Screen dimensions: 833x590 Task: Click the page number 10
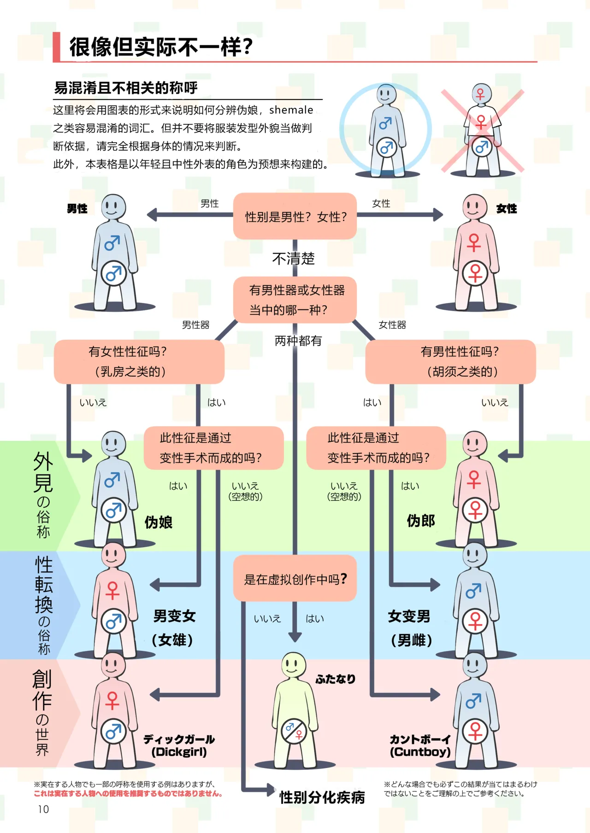tap(43, 809)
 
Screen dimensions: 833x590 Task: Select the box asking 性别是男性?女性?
tap(295, 216)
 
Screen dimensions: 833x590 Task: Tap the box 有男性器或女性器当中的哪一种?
tap(295, 300)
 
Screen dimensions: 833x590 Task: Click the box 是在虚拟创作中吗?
tap(295, 579)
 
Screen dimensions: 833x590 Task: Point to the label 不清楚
tap(294, 259)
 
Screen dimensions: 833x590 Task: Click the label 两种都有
tap(298, 341)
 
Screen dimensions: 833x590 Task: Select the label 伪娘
tap(159, 522)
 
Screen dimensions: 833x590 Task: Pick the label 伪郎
tap(421, 521)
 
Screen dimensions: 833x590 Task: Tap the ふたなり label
tap(336, 679)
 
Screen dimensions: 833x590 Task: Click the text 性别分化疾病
tap(322, 797)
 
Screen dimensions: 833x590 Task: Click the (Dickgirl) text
tap(179, 752)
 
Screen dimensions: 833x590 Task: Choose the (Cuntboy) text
tap(420, 752)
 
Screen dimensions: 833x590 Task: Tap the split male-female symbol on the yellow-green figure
tap(294, 731)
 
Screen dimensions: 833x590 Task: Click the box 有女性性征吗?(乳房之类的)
tap(139, 362)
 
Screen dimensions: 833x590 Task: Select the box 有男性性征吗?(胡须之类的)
tap(450, 362)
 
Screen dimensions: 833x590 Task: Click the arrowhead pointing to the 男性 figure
tap(152, 214)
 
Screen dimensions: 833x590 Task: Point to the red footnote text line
tap(128, 793)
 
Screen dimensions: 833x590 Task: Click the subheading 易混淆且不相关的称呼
tap(126, 88)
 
